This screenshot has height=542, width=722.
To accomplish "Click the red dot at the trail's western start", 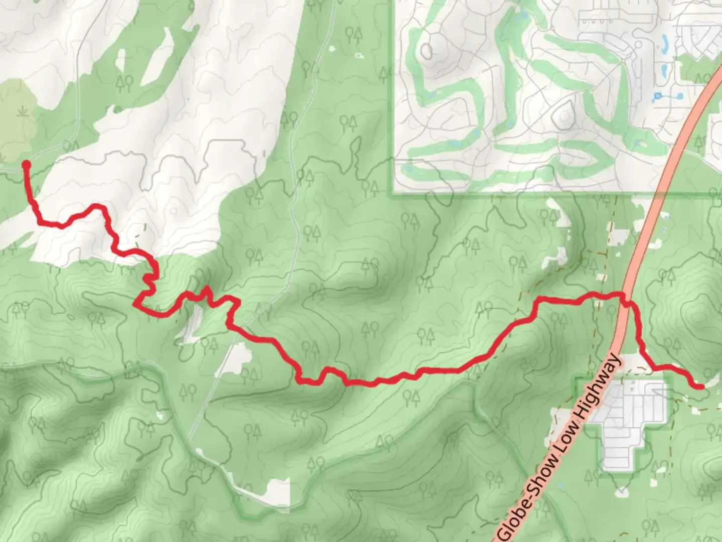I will [x=26, y=165].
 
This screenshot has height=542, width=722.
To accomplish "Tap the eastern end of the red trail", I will [x=700, y=386].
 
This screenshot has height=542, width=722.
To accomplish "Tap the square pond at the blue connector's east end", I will [x=680, y=95].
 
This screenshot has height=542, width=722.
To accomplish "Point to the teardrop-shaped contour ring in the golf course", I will [x=564, y=114].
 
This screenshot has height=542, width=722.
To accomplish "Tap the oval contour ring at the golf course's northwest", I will [x=427, y=50].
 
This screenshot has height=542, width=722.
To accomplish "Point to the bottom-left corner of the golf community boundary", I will [x=395, y=192].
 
